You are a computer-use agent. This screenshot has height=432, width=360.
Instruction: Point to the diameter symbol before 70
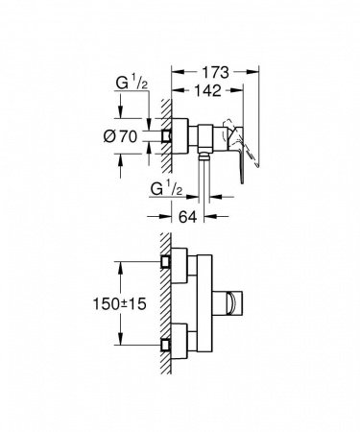(x=114, y=137)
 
